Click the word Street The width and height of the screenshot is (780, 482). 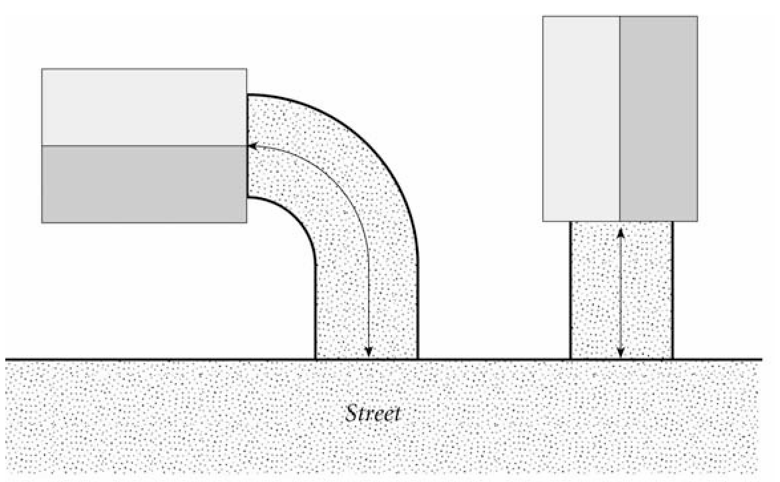click(x=373, y=414)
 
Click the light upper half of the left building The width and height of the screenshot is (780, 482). click(x=144, y=107)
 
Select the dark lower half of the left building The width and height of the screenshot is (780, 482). click(x=144, y=183)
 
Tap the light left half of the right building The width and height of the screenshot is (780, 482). click(x=581, y=118)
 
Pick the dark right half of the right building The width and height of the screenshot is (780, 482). click(x=658, y=118)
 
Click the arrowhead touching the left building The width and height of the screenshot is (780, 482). click(x=252, y=144)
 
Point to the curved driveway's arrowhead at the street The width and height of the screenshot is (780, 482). click(x=369, y=352)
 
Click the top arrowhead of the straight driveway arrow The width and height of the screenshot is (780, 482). click(x=620, y=232)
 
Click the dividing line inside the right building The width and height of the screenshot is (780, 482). click(x=620, y=118)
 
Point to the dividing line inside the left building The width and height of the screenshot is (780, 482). click(x=144, y=146)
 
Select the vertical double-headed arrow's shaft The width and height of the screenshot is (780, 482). click(x=620, y=293)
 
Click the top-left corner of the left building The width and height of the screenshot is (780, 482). click(x=42, y=69)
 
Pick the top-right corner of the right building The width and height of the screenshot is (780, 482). click(x=697, y=17)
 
